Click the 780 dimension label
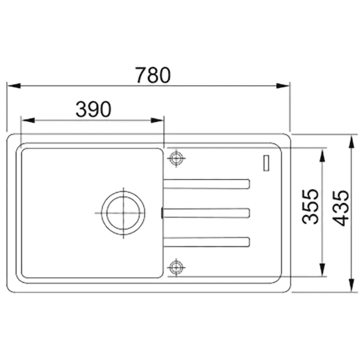pyautogui.click(x=153, y=75)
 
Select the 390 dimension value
pyautogui.click(x=94, y=109)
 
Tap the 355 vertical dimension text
pyautogui.click(x=310, y=206)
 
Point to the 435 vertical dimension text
pyautogui.click(x=341, y=208)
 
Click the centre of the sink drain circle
pyautogui.click(x=123, y=213)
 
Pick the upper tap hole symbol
pyautogui.click(x=176, y=158)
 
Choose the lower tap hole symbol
pyautogui.click(x=176, y=267)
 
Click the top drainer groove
pyautogui.click(x=207, y=184)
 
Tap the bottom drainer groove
pyautogui.click(x=207, y=242)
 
